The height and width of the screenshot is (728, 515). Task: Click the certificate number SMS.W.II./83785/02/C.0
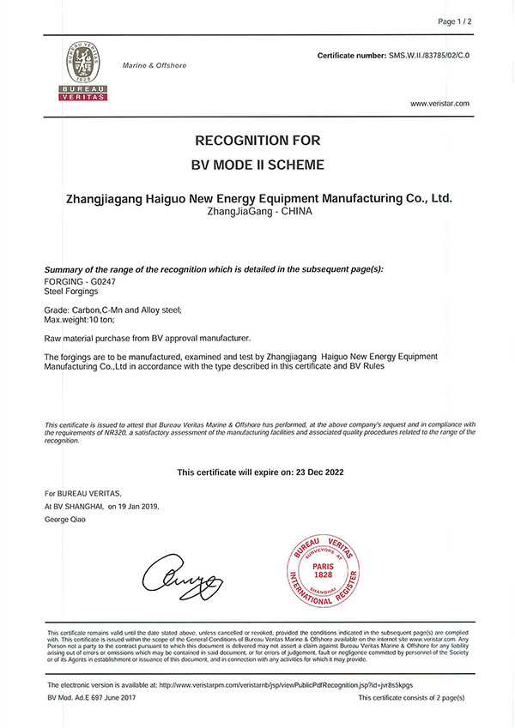click(x=426, y=55)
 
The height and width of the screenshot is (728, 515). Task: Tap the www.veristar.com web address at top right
click(x=439, y=103)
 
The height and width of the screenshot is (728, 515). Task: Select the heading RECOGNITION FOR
click(x=257, y=140)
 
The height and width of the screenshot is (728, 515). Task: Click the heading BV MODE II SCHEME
click(x=257, y=164)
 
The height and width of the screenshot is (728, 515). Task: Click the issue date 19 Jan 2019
click(x=133, y=507)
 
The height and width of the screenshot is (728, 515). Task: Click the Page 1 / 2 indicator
click(x=456, y=21)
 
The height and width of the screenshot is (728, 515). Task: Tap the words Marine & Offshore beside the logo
click(x=154, y=65)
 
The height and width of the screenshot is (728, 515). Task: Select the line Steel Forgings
click(x=72, y=292)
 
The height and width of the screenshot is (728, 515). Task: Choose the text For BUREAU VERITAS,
click(x=83, y=494)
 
